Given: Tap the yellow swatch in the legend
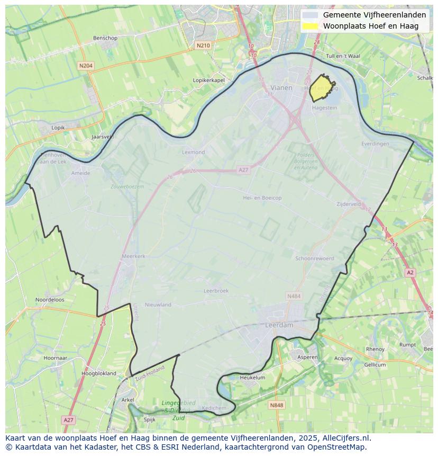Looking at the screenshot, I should tap(311, 26).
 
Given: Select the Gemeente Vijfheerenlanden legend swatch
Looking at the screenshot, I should tap(311, 15).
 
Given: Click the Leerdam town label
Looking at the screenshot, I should tap(279, 325).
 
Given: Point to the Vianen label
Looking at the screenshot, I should tap(281, 88).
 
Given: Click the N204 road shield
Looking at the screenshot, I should tap(85, 66).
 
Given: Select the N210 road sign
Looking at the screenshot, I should tap(203, 46).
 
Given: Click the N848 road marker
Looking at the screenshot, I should tap(276, 405).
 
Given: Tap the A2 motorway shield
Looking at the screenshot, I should tap(410, 272).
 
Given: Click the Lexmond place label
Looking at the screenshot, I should tap(193, 152).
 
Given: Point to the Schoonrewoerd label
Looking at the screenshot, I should tap(315, 258).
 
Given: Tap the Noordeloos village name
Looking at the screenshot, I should tap(50, 300).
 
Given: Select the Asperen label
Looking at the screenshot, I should tap(307, 357).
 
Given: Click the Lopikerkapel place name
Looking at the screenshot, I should tap(209, 80).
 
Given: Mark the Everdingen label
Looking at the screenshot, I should tap(375, 144).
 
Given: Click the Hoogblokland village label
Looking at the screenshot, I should tap(99, 373).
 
